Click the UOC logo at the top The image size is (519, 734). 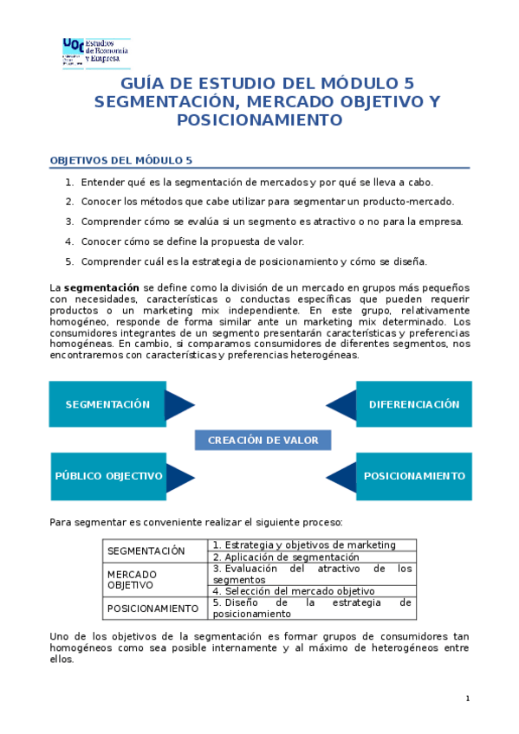95,51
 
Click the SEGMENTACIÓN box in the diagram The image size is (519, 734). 107,404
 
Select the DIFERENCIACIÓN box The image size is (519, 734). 414,404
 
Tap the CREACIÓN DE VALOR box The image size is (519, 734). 263,441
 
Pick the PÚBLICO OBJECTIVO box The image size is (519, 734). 108,476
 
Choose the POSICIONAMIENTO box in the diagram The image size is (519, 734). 414,476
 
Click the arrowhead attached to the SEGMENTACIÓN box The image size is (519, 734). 178,404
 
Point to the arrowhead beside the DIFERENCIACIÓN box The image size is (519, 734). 342,404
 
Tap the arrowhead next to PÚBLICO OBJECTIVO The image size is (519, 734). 178,476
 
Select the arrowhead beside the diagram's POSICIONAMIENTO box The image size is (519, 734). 342,476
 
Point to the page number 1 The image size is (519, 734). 467,699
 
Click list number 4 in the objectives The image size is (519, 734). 69,241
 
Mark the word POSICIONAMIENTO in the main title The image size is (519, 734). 259,120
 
